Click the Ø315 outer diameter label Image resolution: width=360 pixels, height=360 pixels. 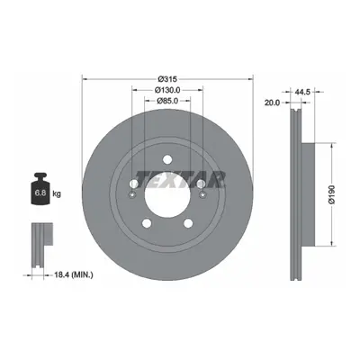[168, 79]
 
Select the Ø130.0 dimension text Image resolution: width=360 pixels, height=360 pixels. [168, 90]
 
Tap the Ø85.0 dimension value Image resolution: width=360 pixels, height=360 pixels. [168, 101]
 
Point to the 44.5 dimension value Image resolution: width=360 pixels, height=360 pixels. [302, 92]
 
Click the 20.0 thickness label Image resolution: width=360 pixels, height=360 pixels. [272, 103]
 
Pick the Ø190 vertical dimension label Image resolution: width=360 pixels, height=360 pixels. [331, 194]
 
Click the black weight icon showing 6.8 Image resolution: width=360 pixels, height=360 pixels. [40, 189]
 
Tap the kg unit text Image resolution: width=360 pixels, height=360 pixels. [57, 193]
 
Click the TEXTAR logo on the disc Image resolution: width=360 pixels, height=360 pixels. [180, 179]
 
